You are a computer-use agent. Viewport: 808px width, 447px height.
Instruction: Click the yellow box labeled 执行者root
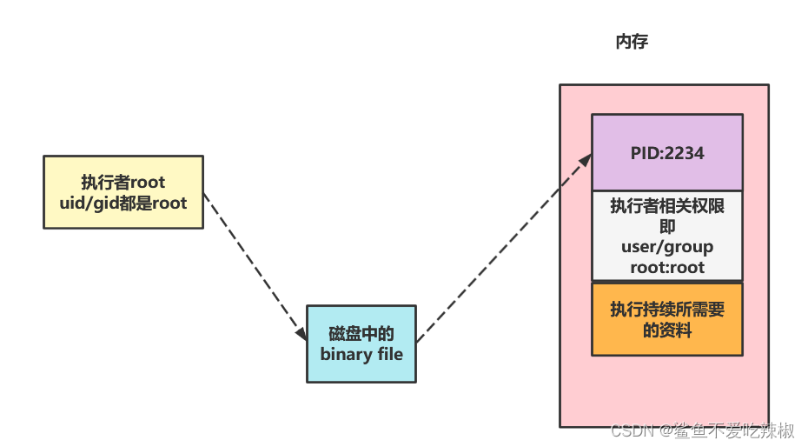[x=123, y=191]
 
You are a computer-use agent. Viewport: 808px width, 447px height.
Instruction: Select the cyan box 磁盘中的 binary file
[x=361, y=344]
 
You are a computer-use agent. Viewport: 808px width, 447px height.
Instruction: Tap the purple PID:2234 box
[x=666, y=152]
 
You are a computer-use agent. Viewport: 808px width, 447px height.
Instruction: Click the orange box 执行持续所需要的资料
[x=666, y=319]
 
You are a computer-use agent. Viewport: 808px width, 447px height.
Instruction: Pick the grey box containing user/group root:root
[x=666, y=236]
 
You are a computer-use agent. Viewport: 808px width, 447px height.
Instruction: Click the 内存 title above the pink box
[x=632, y=42]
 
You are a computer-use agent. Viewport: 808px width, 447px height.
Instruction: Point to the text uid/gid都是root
[x=123, y=202]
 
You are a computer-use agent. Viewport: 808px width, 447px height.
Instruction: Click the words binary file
[x=361, y=354]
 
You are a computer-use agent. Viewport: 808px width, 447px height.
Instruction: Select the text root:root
[x=666, y=267]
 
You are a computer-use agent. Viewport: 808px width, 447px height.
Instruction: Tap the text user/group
[x=666, y=247]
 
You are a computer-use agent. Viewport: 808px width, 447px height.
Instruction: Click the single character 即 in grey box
[x=666, y=227]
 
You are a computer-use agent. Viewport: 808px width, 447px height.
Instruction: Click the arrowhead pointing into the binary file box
[x=301, y=334]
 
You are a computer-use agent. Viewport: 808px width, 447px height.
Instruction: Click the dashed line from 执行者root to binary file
[x=254, y=264]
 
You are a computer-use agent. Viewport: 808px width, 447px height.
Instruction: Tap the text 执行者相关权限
[x=666, y=207]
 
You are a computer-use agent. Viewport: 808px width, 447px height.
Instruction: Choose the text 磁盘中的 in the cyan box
[x=361, y=334]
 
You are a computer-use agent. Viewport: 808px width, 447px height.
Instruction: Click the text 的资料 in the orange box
[x=666, y=330]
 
